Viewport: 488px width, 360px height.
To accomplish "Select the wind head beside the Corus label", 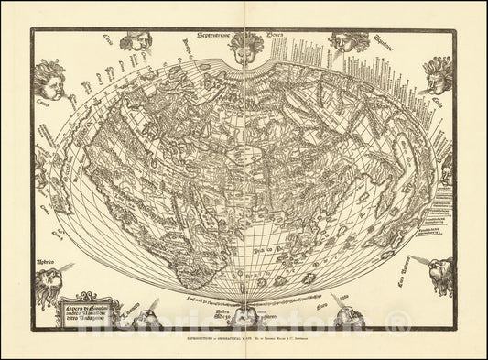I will (135, 40).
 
